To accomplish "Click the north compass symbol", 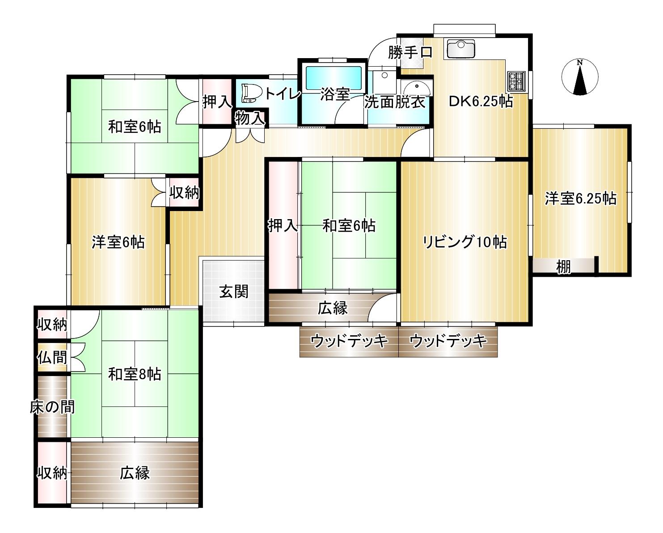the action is pos(580,77).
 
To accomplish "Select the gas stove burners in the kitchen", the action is pos(517,81).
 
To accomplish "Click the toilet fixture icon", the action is pos(252,93).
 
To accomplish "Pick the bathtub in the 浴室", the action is pos(334,78).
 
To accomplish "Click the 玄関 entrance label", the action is pos(233,291).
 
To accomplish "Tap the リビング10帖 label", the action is pos(465,242).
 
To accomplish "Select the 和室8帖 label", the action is pos(135,374).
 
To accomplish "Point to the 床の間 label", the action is pos(52,407).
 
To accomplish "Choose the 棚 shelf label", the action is pos(563,266).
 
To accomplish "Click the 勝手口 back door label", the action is pos(410,52).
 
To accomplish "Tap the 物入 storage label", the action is pos(250,118).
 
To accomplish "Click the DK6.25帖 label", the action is pos(481,101).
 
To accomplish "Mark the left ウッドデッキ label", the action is pos(349,341).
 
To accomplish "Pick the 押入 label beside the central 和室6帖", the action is pos(283,225).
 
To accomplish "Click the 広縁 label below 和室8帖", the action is pos(135,473).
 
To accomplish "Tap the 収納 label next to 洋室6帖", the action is pos(184,193).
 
